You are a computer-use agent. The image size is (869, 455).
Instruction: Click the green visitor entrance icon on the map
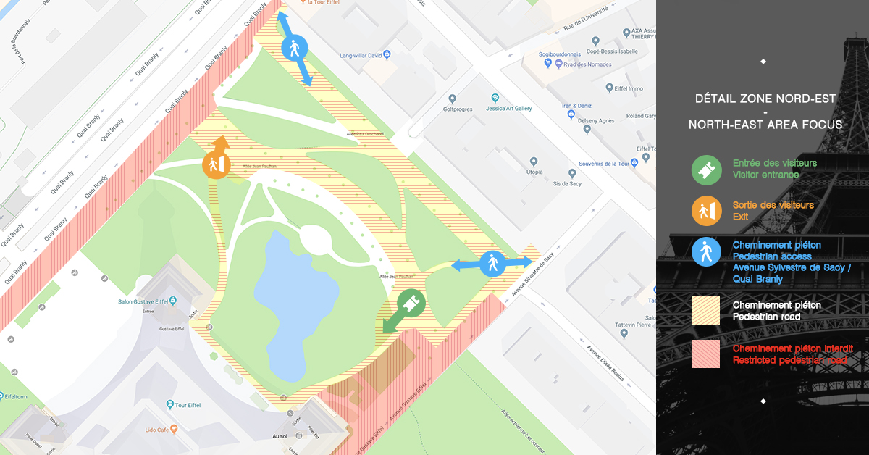411,304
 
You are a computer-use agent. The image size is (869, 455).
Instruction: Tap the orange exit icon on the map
216,164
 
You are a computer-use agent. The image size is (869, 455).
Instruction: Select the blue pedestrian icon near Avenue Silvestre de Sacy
493,263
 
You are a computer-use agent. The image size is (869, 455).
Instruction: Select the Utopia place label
534,172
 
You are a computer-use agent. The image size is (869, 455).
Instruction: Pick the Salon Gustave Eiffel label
149,302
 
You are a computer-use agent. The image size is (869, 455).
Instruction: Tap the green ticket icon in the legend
705,169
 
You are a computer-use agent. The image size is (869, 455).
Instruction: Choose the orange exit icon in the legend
705,210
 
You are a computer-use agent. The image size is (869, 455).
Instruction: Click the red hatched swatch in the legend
705,354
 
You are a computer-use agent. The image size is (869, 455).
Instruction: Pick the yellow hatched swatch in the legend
705,310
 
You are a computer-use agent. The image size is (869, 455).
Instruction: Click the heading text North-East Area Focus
765,125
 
